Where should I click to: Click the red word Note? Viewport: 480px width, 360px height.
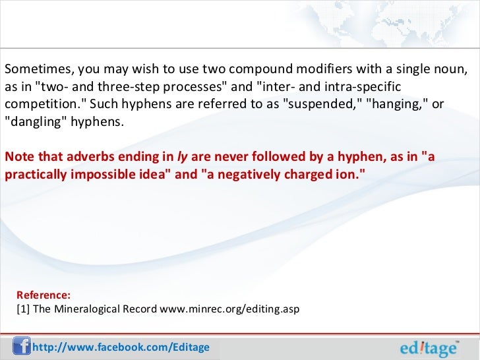[x=18, y=158]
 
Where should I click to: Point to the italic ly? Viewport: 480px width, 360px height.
[x=181, y=158]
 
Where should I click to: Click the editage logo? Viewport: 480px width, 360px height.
[x=431, y=347]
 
